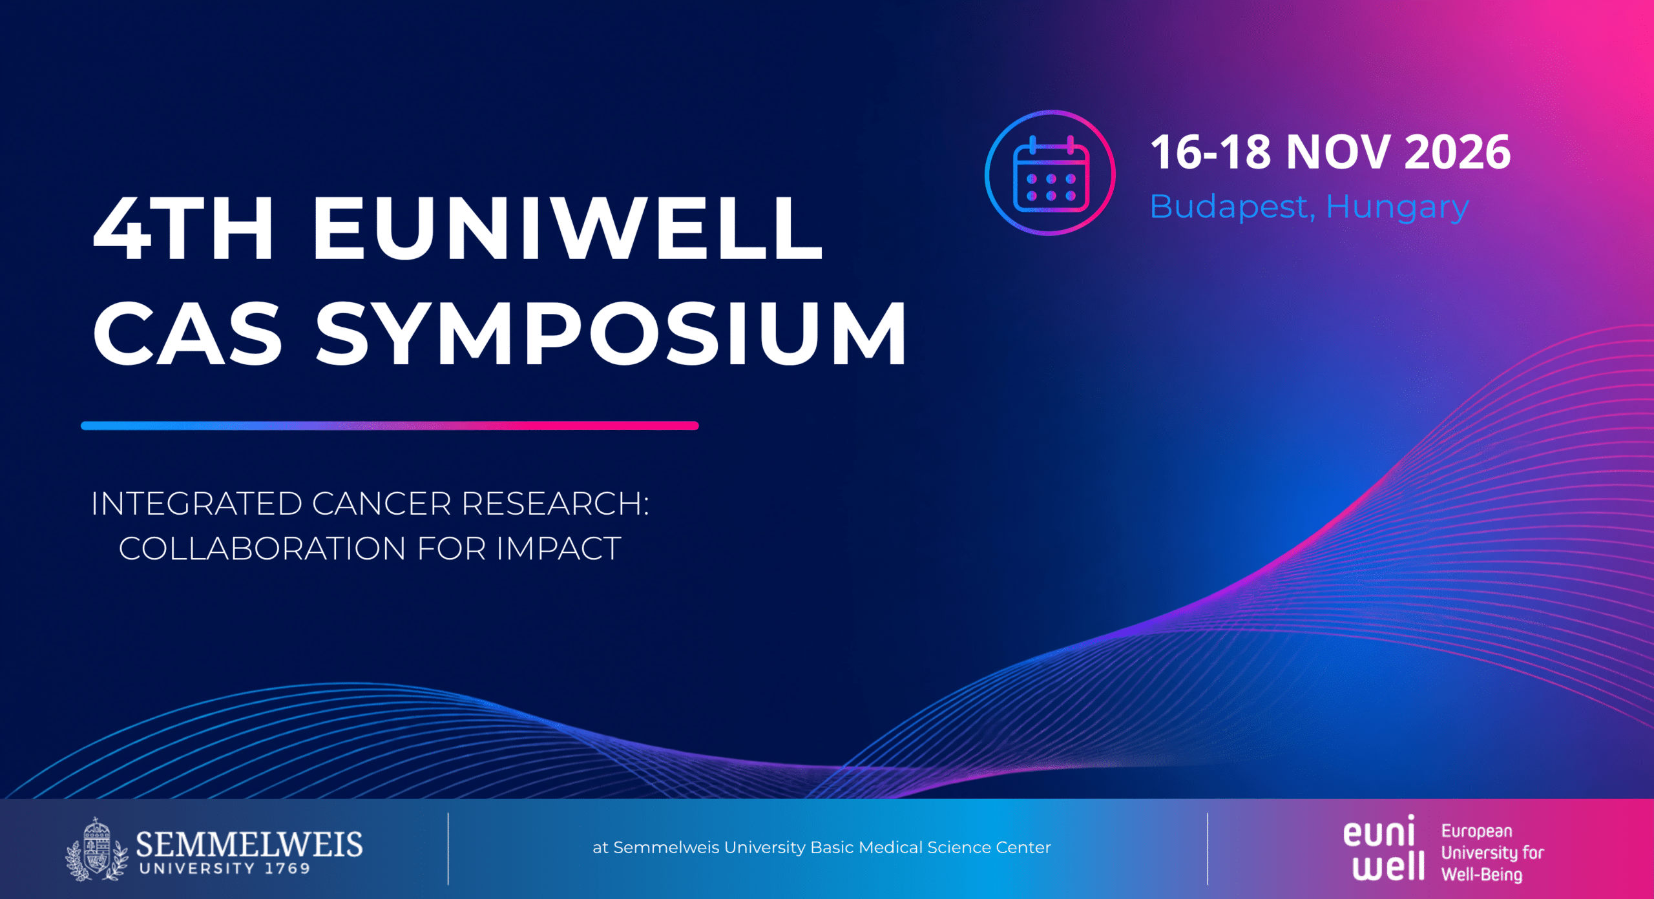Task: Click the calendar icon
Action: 1051,173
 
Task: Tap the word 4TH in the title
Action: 184,228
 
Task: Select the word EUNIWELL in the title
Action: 568,228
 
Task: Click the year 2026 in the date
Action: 1458,152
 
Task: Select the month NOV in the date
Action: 1338,152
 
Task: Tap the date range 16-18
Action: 1211,152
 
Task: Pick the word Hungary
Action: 1398,207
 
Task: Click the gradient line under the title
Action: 390,426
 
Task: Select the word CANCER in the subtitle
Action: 382,504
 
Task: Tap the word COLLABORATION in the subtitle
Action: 262,549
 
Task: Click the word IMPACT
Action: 559,549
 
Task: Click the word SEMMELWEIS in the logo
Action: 249,844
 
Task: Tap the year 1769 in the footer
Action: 288,869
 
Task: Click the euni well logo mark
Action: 1385,847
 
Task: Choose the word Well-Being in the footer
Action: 1482,875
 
